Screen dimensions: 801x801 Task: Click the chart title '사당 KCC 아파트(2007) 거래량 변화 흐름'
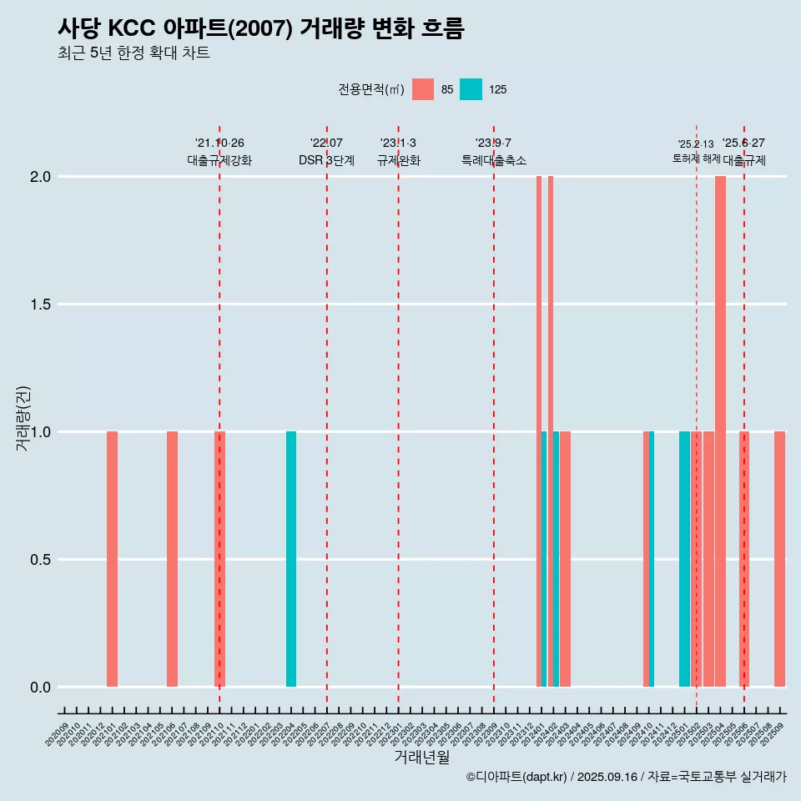(x=260, y=28)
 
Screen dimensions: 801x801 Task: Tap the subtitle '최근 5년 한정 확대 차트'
(x=133, y=53)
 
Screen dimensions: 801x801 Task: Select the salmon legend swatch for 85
(x=423, y=89)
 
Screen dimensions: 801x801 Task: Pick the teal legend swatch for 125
(x=471, y=89)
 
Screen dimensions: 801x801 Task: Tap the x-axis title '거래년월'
(x=421, y=758)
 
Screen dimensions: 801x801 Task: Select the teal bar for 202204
(x=291, y=559)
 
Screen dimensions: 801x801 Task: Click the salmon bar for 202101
(x=112, y=559)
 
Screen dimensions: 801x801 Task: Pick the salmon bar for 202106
(x=172, y=559)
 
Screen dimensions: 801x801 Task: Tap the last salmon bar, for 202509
(x=779, y=559)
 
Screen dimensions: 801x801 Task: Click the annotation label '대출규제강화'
(x=219, y=160)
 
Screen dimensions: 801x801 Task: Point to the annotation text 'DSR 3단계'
(x=326, y=160)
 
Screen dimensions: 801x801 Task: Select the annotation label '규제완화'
(x=398, y=160)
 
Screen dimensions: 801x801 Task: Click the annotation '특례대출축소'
(x=494, y=160)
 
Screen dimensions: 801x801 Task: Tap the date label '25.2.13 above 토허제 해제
(x=696, y=144)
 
